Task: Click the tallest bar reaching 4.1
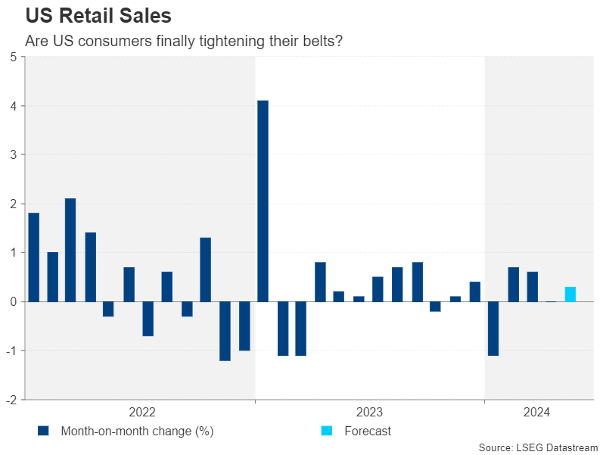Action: (x=263, y=201)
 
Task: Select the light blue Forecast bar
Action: (x=570, y=294)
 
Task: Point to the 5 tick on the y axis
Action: (x=14, y=57)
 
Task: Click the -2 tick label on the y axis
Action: (x=12, y=399)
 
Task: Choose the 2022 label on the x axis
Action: (x=142, y=412)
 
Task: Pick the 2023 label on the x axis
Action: (x=369, y=412)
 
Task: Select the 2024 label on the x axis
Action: (x=536, y=412)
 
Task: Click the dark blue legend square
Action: (x=43, y=431)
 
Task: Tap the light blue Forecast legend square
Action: (x=326, y=431)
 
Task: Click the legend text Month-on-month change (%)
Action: (x=137, y=432)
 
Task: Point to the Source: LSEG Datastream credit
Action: (x=538, y=448)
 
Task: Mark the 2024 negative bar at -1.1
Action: (x=493, y=328)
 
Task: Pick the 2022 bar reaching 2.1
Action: (x=70, y=250)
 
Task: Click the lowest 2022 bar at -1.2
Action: (x=225, y=331)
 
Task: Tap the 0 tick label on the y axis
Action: (x=14, y=301)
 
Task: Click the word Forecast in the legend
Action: (x=368, y=432)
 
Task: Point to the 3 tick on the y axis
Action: (x=14, y=154)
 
